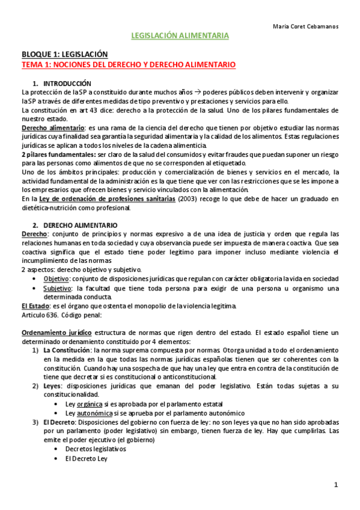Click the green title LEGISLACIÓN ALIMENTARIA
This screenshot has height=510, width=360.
(x=180, y=36)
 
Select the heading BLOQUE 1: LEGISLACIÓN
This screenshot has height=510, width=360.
(x=64, y=54)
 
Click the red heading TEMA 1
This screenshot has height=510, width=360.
(x=128, y=64)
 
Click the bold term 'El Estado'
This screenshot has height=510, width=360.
(x=35, y=306)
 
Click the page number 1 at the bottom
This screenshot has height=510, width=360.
(x=337, y=485)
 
